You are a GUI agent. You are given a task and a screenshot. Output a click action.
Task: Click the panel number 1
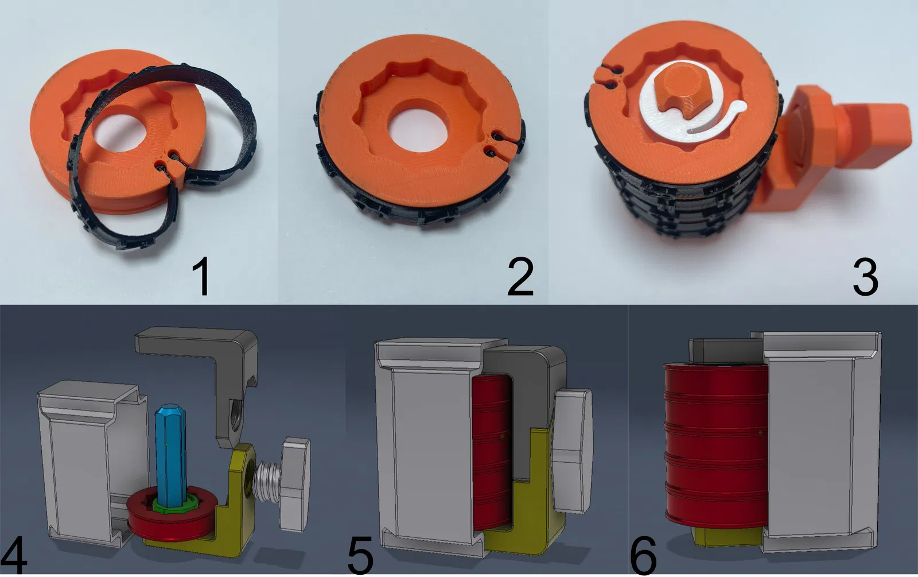click(x=201, y=276)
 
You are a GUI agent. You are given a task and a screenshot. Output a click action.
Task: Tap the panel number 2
click(x=520, y=276)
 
